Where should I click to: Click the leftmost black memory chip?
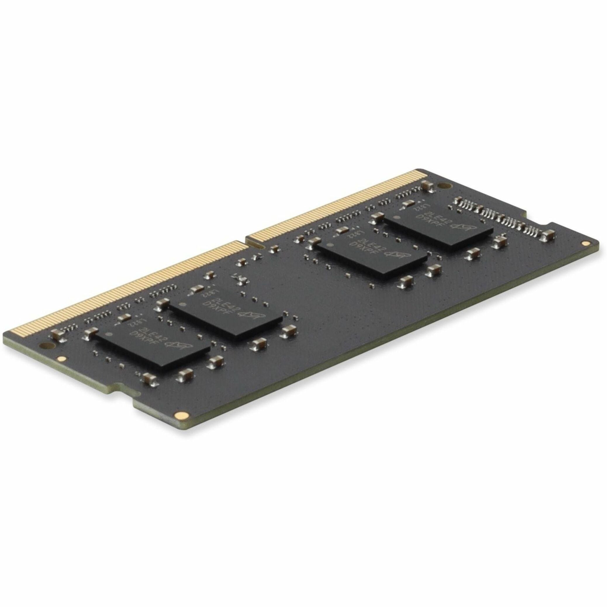point(152,349)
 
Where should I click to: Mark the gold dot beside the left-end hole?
point(62,359)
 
